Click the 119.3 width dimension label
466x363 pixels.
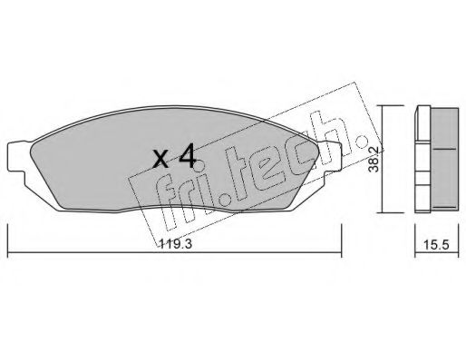(175, 243)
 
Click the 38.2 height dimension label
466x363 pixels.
(374, 160)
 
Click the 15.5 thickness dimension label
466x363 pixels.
(436, 245)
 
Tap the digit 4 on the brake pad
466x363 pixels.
(188, 156)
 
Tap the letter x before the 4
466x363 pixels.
(160, 159)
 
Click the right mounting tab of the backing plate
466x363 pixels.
(331, 159)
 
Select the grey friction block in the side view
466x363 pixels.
(444, 158)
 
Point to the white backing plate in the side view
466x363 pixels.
(422, 159)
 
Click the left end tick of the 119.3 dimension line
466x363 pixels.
(7, 251)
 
